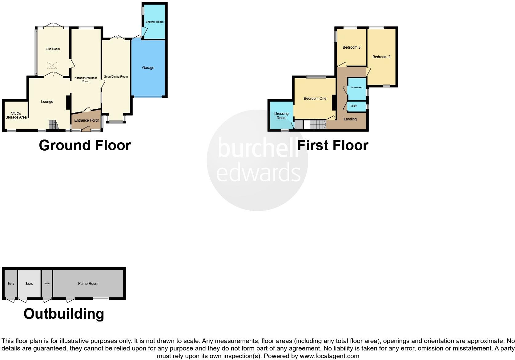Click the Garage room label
point(148,68)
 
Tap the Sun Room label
point(53,49)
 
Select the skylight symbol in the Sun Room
point(52,65)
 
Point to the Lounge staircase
point(53,125)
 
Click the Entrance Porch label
point(87,120)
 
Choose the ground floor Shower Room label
point(155,22)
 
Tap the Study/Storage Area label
point(16,115)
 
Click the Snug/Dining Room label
point(116,77)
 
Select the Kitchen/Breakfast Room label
point(86,79)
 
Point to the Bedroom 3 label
point(352,47)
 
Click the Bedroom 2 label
point(381,57)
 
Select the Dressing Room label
point(281,116)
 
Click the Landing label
point(350,119)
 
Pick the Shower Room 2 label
point(357,87)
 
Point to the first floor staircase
point(318,125)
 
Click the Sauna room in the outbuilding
point(29,284)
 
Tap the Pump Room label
point(88,284)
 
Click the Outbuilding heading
point(64,314)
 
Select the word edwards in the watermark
point(258,172)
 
